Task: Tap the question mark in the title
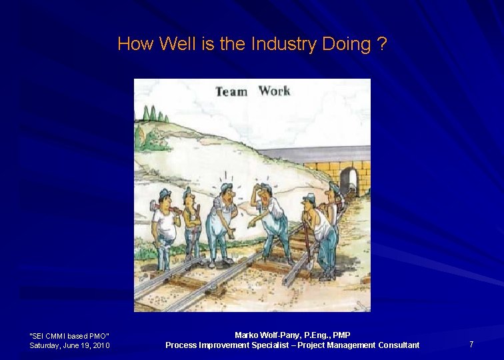[x=381, y=45]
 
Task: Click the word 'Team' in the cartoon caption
[x=231, y=91]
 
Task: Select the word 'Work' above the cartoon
[x=274, y=91]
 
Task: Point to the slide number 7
[x=471, y=344]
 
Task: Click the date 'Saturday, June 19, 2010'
[x=69, y=345]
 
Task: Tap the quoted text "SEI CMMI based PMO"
[x=69, y=335]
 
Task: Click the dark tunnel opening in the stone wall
[x=348, y=181]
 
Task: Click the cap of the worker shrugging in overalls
[x=227, y=187]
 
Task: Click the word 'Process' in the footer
[x=181, y=345]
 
